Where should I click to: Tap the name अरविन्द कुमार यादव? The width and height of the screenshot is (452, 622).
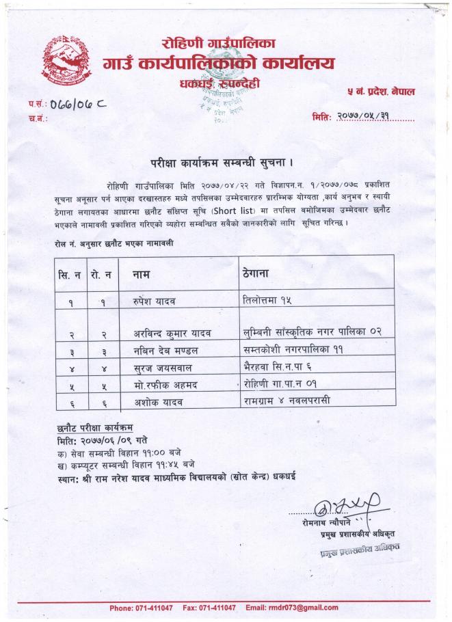172,333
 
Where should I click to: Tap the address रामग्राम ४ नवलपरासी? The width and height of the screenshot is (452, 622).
287,400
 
